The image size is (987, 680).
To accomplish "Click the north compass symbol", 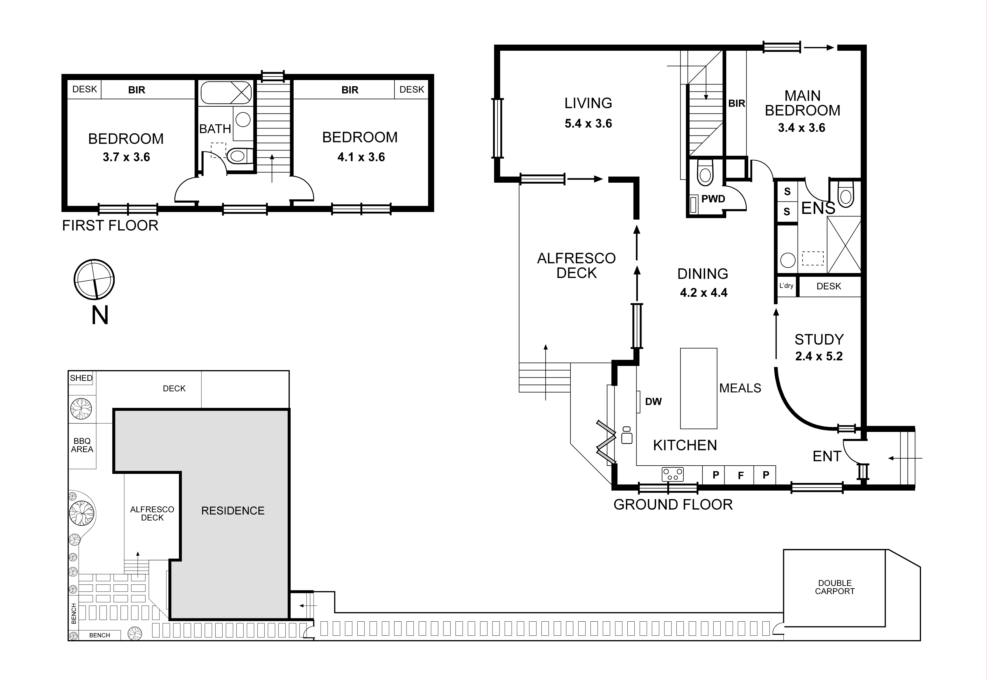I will click(94, 279).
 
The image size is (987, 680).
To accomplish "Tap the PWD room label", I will click(713, 199).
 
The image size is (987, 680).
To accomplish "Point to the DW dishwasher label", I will click(653, 402).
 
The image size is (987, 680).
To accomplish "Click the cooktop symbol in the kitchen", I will click(673, 474).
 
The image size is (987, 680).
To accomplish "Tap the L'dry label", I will click(786, 286).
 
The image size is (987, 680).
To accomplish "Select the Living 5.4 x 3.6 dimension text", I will click(588, 123).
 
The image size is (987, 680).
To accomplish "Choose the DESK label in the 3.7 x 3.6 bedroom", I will click(84, 89).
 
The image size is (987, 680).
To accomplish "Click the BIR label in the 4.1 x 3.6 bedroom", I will click(350, 90).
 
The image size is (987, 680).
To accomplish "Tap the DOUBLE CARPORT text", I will click(834, 587).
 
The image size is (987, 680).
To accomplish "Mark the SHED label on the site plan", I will click(81, 378).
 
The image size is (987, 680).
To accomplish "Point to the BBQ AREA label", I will click(82, 445).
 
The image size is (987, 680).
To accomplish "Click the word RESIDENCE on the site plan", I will click(233, 511).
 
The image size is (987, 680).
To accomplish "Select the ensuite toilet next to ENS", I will click(846, 195).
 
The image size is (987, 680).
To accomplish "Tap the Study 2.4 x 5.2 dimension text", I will click(819, 356).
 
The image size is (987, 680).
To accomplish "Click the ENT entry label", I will click(826, 456).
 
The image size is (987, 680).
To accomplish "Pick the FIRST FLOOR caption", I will click(110, 225).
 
